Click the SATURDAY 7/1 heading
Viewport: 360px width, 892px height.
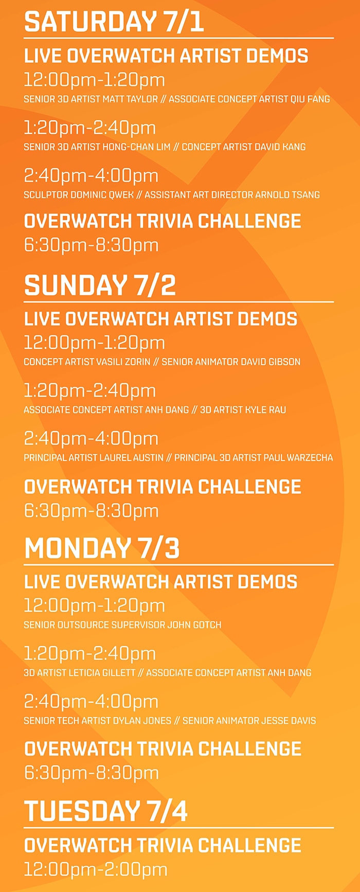[114, 22]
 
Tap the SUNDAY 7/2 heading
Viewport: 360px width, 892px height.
[100, 286]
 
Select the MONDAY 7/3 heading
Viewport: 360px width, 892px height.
[102, 548]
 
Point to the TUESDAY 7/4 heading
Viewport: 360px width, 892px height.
[106, 811]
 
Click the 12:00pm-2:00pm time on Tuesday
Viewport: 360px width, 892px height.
[96, 870]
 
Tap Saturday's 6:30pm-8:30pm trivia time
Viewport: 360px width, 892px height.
[91, 245]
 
